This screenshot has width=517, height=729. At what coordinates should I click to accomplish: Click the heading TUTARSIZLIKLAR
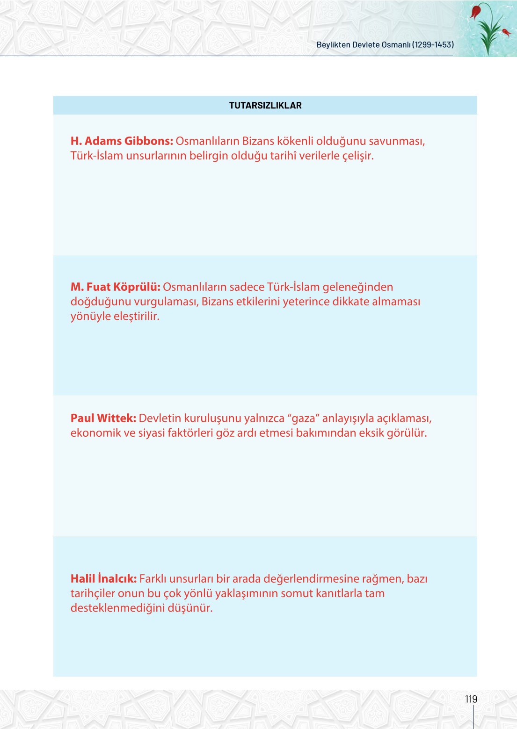pos(265,106)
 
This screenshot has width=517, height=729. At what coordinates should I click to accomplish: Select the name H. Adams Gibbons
pos(122,141)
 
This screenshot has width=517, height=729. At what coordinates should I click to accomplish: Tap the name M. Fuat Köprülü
pos(115,287)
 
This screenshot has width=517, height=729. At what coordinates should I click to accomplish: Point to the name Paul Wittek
pos(103,419)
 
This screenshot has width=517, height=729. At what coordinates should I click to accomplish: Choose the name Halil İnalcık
pos(103,579)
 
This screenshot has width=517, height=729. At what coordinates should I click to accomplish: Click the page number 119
pos(471,699)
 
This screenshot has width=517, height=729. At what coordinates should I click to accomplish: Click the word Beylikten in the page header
pos(334,45)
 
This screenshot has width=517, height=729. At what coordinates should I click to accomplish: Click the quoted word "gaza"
pos(303,419)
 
